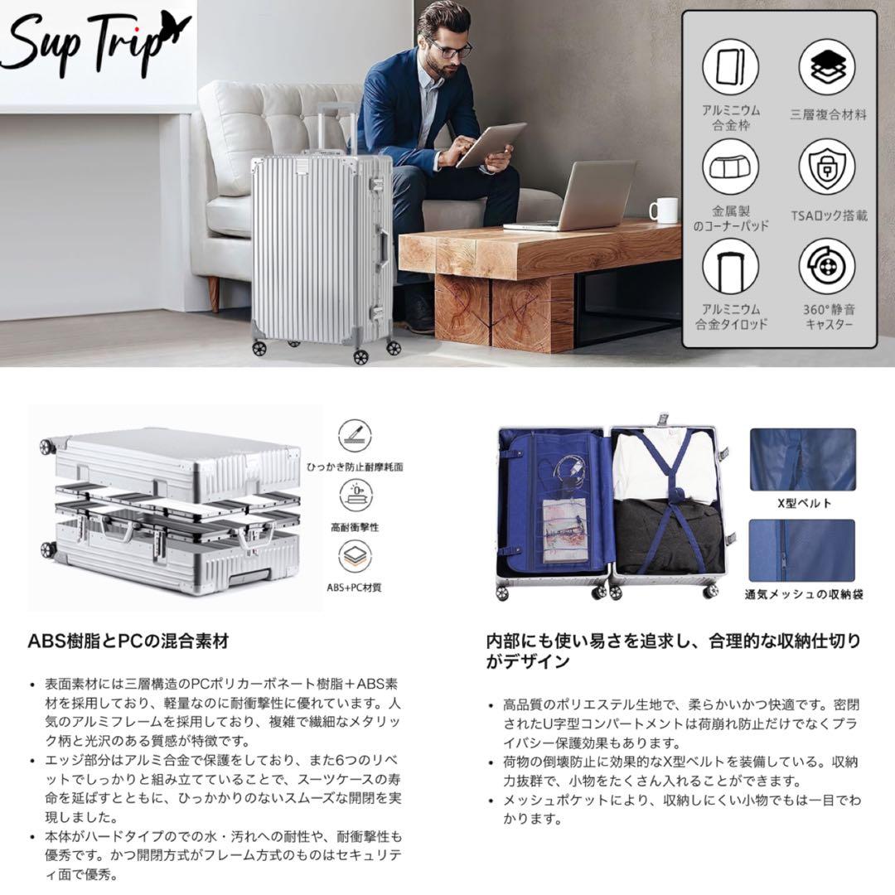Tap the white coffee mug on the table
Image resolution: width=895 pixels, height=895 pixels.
[x=665, y=210]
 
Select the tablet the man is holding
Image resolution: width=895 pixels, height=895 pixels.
[x=491, y=144]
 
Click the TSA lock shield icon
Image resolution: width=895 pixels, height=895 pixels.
[x=827, y=167]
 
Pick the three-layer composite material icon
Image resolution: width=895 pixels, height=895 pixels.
[x=827, y=67]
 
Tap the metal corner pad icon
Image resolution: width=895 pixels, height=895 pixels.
[x=731, y=167]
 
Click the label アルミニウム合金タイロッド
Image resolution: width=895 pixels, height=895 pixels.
[x=731, y=317]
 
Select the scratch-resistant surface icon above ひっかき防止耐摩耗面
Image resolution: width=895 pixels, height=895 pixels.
[x=355, y=436]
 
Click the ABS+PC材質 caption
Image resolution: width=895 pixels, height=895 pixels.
[x=354, y=588]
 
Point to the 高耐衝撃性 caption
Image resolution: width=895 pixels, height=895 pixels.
[x=355, y=527]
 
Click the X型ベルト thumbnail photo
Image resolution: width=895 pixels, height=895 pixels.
[x=802, y=459]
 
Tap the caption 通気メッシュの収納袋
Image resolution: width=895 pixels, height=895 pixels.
[x=804, y=594]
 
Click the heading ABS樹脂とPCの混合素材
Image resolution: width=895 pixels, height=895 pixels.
[x=128, y=641]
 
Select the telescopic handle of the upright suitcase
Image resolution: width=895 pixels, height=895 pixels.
[x=336, y=128]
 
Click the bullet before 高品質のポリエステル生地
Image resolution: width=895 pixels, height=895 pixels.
[x=491, y=706]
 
